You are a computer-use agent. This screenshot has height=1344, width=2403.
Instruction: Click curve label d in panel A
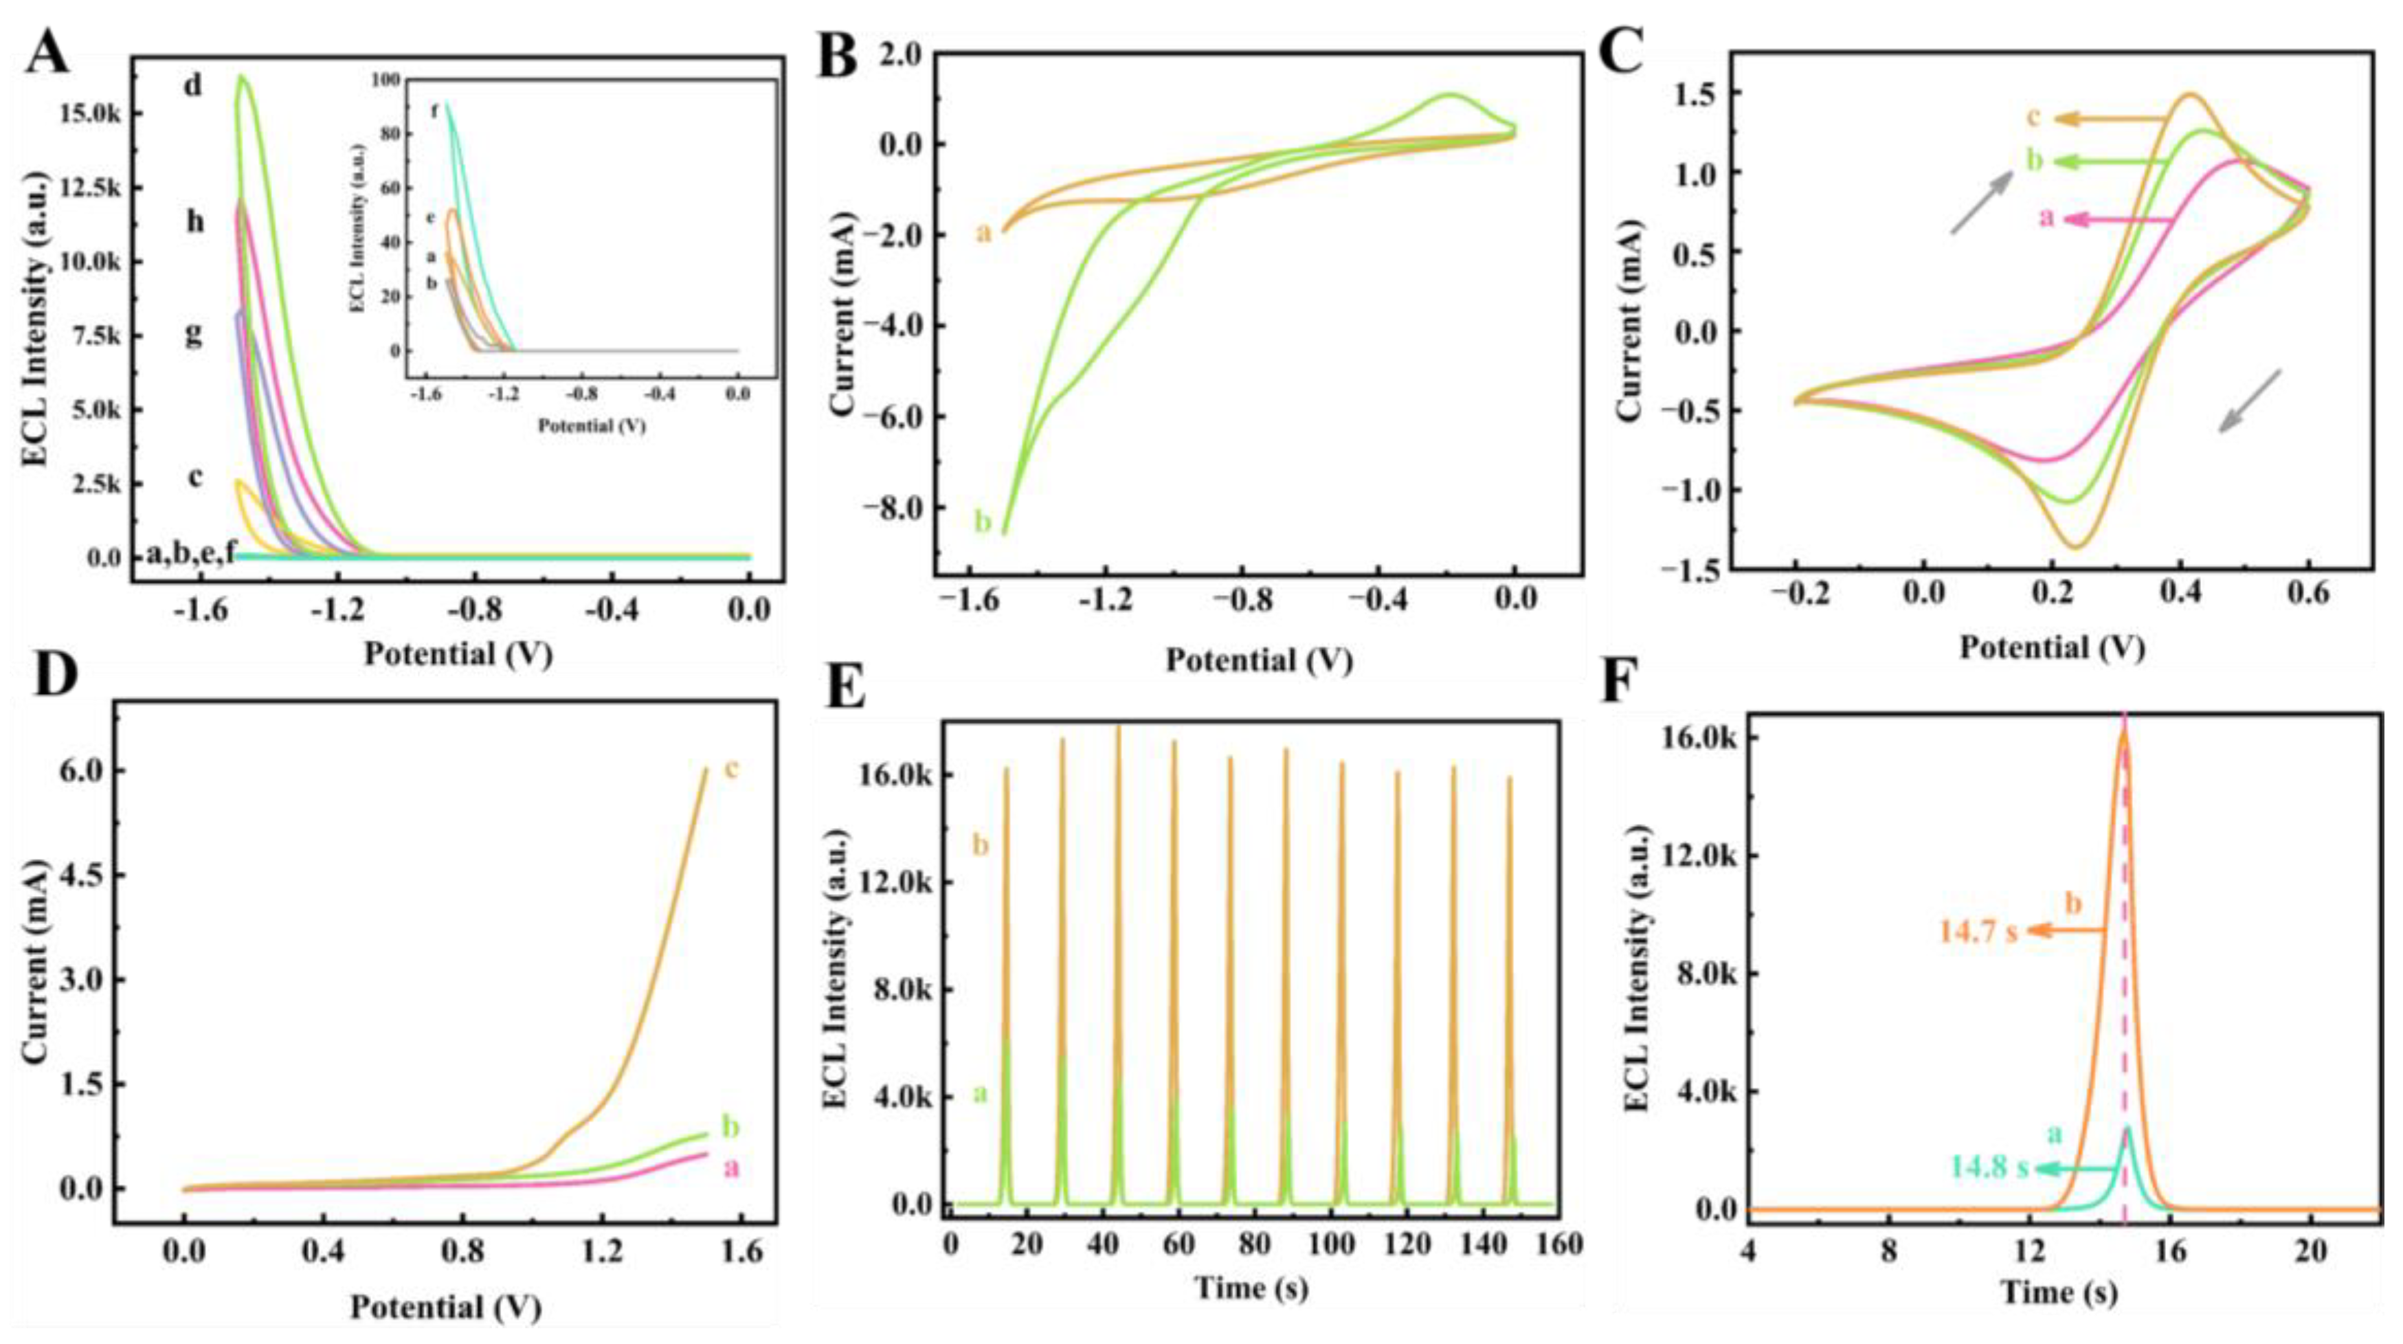193,86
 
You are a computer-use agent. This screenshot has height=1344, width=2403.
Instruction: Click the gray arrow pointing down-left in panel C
2248,402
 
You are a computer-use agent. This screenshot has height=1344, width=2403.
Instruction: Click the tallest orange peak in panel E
1117,728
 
